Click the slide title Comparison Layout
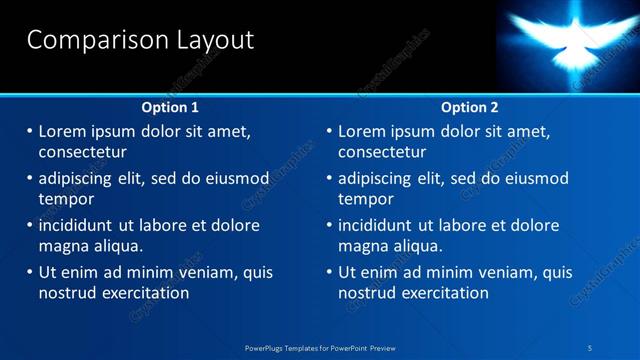pos(140,40)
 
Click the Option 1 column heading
pos(170,107)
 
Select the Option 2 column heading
pos(469,107)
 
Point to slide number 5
pos(590,347)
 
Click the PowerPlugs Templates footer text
pos(320,347)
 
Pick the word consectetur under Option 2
pos(382,153)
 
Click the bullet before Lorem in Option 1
pos(30,131)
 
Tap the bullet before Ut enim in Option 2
pos(330,272)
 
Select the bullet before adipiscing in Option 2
pos(330,178)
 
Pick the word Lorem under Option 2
pos(362,131)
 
